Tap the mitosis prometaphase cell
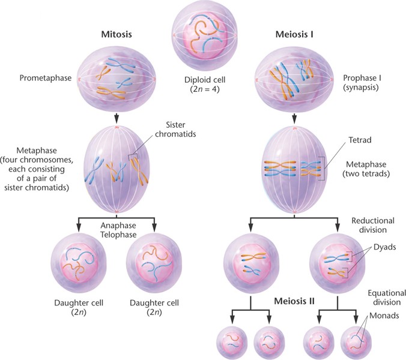click(x=117, y=76)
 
